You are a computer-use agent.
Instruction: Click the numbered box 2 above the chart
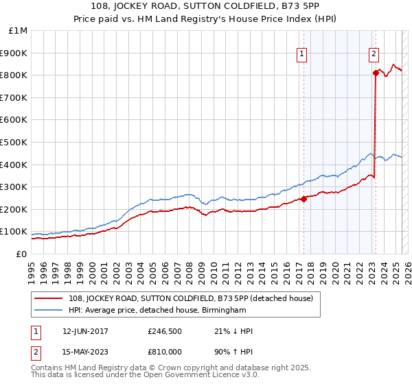(374, 53)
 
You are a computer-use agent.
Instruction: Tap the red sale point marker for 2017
(304, 200)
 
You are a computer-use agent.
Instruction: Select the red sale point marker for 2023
(376, 73)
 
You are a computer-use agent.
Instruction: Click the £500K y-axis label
(14, 143)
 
